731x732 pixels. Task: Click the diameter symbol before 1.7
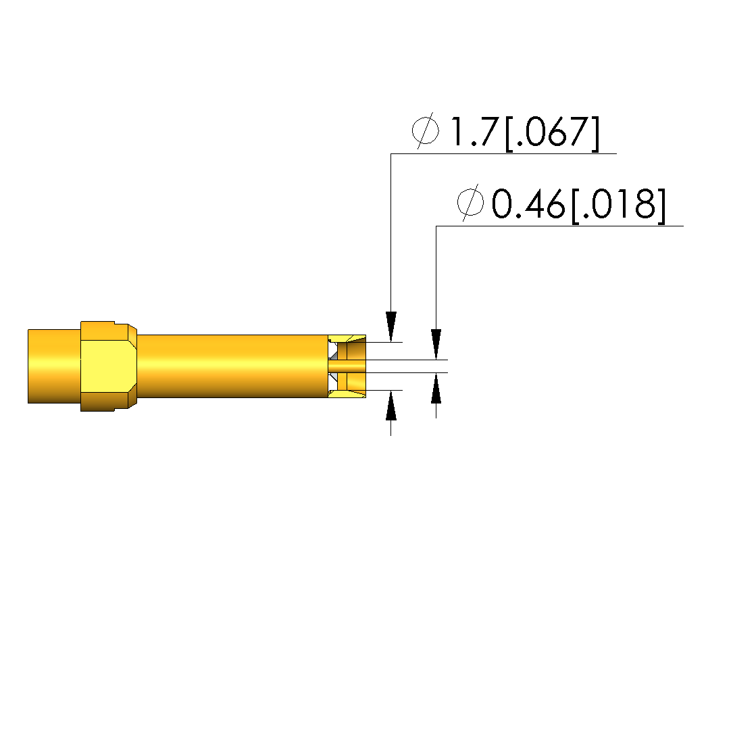pyautogui.click(x=426, y=130)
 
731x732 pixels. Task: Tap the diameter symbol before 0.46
pyautogui.click(x=470, y=203)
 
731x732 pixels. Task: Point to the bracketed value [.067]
pyautogui.click(x=553, y=134)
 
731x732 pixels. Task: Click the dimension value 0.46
pyautogui.click(x=528, y=204)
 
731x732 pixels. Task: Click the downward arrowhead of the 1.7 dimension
pyautogui.click(x=391, y=326)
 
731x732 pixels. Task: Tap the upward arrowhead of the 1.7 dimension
pyautogui.click(x=391, y=406)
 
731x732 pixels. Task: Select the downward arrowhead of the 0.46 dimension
pyautogui.click(x=436, y=345)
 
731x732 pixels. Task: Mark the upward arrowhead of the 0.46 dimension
pyautogui.click(x=436, y=388)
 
